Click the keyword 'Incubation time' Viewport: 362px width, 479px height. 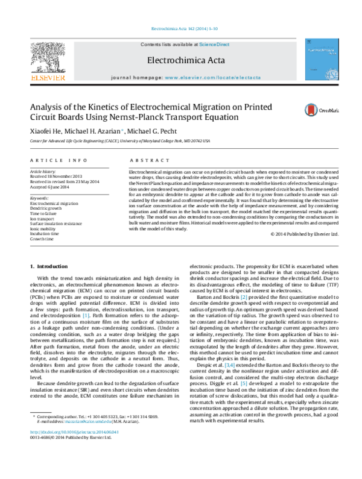(45, 234)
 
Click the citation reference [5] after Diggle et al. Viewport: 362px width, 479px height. (244, 382)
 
